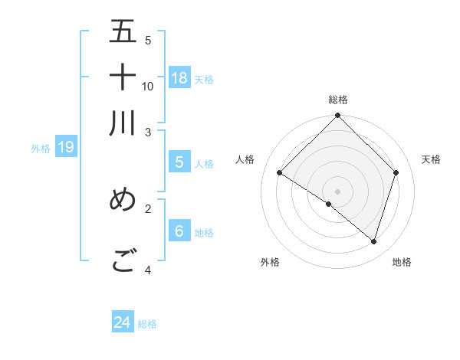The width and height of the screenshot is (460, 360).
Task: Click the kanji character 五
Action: (x=123, y=32)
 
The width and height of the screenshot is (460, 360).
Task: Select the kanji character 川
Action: (x=123, y=123)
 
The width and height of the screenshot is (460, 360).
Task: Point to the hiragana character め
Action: (x=123, y=199)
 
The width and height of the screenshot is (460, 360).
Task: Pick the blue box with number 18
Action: (x=179, y=77)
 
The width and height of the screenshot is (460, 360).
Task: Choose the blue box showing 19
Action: (x=66, y=147)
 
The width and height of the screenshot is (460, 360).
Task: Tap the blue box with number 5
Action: (x=179, y=162)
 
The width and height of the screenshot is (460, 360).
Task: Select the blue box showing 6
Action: (x=179, y=231)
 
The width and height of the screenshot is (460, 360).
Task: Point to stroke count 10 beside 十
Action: (x=148, y=86)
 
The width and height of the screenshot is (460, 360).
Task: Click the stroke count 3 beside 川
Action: (x=148, y=132)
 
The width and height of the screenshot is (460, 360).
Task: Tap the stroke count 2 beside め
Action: (x=148, y=208)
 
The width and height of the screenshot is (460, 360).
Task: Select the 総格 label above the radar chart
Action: (x=338, y=100)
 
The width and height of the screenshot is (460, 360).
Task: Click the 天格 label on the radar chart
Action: (x=431, y=159)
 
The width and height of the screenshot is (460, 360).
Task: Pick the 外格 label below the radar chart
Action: (x=270, y=262)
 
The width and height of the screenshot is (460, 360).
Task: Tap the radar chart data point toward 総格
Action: (x=338, y=116)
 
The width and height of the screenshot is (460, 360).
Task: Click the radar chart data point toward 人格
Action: (x=280, y=173)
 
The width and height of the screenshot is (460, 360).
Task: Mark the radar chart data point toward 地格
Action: (x=373, y=241)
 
